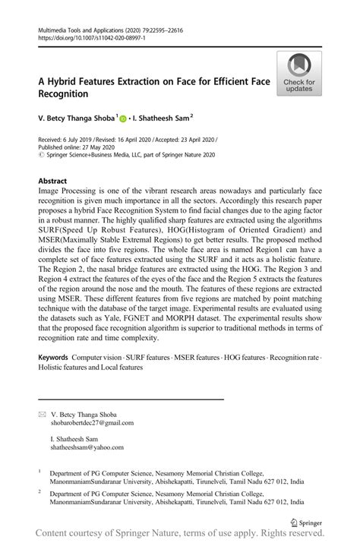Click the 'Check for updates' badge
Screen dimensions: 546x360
click(x=300, y=74)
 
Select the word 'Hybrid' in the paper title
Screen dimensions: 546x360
click(x=64, y=80)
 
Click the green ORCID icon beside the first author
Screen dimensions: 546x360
click(x=124, y=119)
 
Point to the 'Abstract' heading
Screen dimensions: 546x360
click(x=52, y=181)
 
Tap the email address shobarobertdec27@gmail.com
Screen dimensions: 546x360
click(x=91, y=423)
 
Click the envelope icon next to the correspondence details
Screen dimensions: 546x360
click(x=42, y=415)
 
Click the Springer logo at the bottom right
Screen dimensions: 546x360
click(x=306, y=523)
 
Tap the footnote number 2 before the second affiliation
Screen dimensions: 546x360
click(x=40, y=491)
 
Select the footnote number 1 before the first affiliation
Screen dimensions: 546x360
click(x=40, y=471)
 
